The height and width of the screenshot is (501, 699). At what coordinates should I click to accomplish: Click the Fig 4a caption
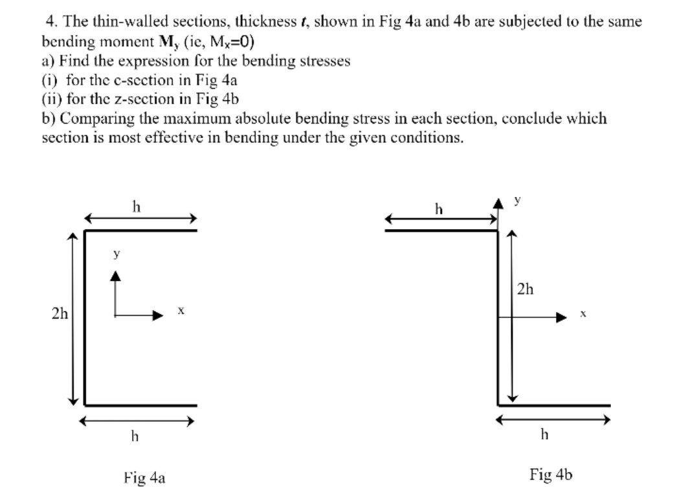[x=144, y=478]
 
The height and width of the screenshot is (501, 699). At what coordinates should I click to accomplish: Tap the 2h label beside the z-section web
[x=526, y=289]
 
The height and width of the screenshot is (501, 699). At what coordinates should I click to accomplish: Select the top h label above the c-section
[x=135, y=206]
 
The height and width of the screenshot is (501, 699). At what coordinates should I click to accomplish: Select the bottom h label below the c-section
[x=135, y=436]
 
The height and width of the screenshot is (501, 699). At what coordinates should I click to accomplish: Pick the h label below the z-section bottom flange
[x=544, y=434]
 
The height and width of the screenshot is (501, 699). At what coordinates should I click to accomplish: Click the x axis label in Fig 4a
[x=182, y=311]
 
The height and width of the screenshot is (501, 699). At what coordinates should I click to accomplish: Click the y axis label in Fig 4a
[x=116, y=254]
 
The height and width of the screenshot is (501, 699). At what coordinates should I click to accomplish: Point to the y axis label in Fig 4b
[x=517, y=201]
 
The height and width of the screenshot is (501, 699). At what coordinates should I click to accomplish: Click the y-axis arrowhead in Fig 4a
[x=115, y=276]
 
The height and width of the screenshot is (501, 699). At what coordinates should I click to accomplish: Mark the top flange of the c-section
[x=140, y=230]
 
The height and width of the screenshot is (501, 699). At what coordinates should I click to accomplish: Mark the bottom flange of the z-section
[x=553, y=405]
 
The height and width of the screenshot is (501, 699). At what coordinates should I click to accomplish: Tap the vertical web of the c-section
[x=85, y=317]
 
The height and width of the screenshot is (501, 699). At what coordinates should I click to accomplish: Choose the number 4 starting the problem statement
[x=50, y=21]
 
